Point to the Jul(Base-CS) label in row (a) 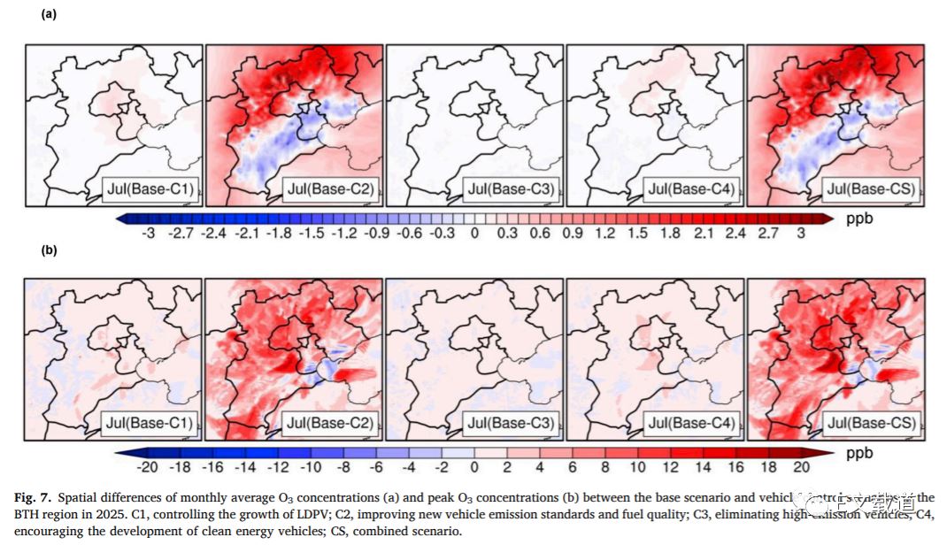[x=870, y=188]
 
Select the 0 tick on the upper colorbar [x=474, y=233]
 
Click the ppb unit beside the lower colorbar [x=858, y=452]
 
